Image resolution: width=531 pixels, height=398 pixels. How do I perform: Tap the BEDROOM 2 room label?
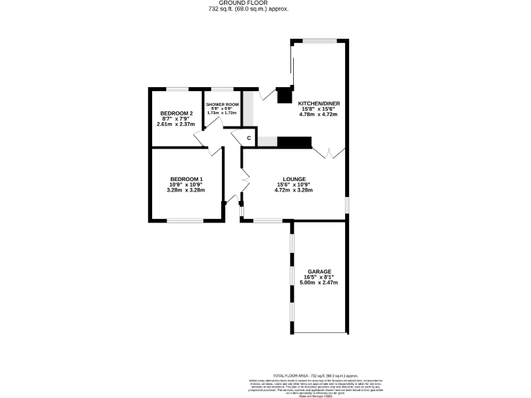[x=176, y=113]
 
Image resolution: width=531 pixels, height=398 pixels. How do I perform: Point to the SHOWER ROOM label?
[x=222, y=104]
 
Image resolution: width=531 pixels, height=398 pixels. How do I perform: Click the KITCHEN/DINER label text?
[x=319, y=104]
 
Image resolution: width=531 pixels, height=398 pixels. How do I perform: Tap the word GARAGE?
[x=319, y=272]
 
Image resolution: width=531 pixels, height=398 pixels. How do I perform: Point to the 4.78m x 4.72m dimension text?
[x=319, y=115]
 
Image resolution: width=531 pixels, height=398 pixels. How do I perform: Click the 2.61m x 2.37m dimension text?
[x=176, y=124]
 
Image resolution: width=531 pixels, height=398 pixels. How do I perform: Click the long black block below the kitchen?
[x=295, y=142]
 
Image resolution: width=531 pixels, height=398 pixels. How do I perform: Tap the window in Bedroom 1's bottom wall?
[x=185, y=221]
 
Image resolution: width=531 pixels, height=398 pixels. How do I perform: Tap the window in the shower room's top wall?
[x=222, y=89]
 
